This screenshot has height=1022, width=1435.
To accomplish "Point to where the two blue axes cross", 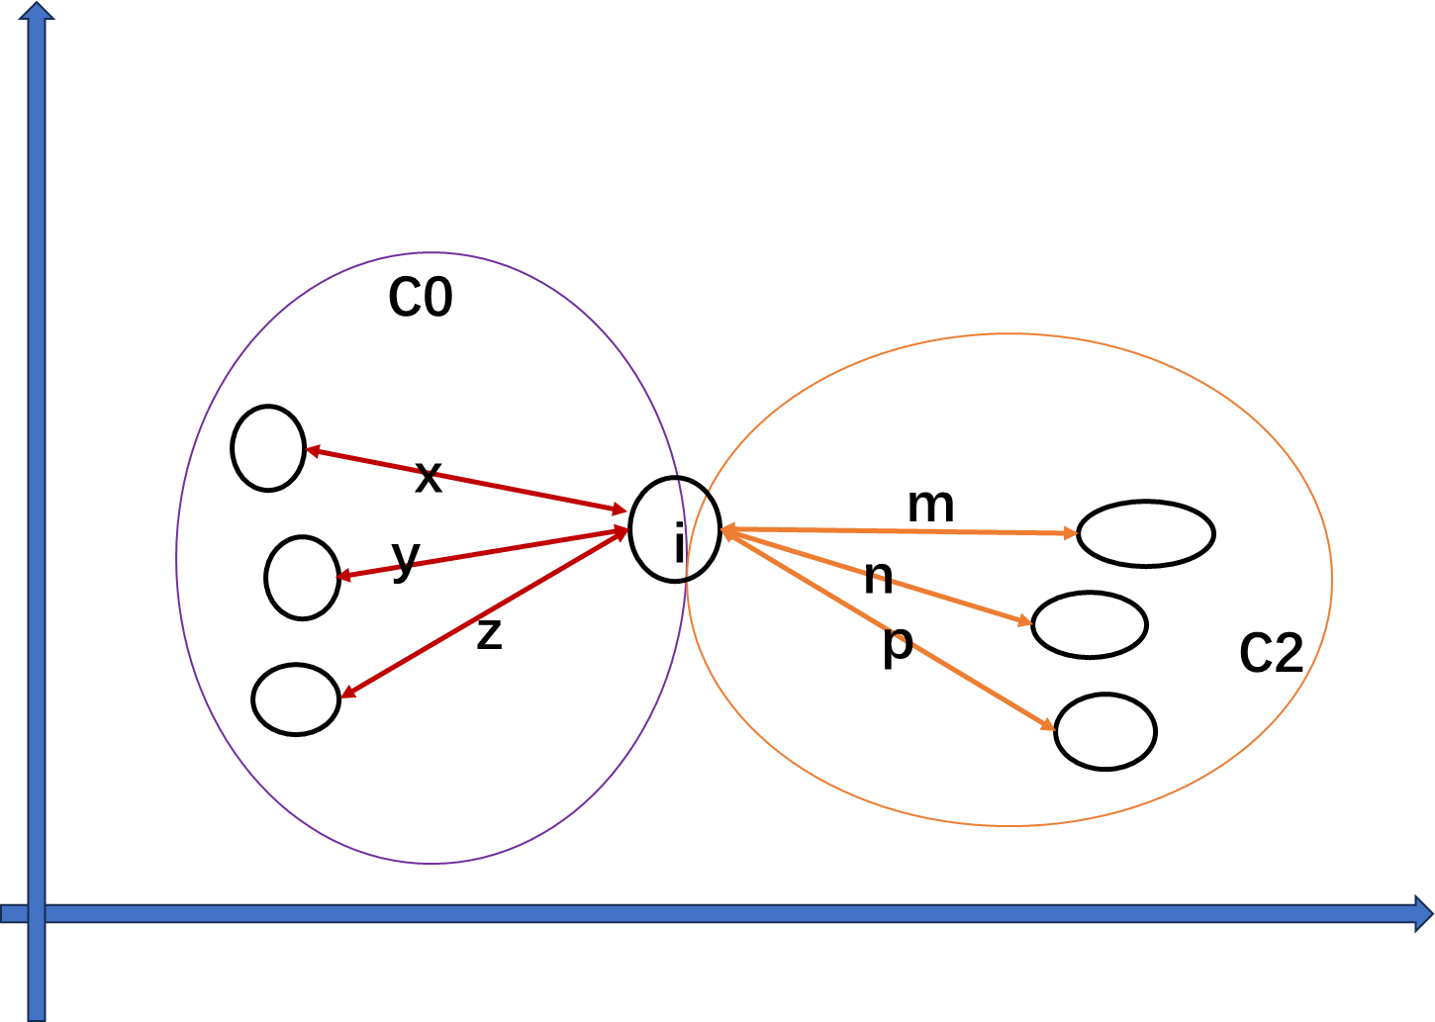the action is (x=37, y=913).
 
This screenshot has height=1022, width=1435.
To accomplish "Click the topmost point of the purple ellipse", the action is (x=431, y=253).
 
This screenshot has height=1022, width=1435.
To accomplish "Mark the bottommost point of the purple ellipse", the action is (x=431, y=863).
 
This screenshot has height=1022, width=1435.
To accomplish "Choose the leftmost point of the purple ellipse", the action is (x=177, y=558).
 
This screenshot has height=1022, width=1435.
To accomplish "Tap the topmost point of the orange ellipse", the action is (x=1009, y=334).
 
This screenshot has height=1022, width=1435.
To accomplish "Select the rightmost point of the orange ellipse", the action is (x=1331, y=579).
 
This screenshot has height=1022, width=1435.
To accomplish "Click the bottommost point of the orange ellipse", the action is (x=1009, y=824).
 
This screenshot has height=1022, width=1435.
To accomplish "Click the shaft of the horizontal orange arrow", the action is (x=901, y=531).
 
